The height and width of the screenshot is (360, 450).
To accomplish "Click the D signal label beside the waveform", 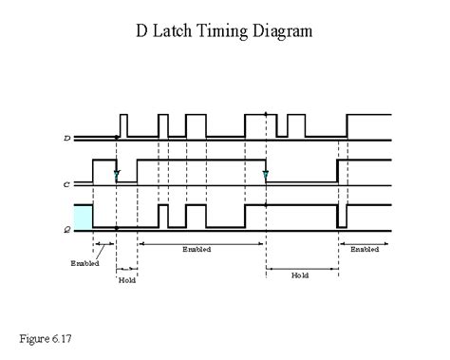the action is coord(66,140).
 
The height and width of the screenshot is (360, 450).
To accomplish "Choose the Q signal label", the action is coord(66,229).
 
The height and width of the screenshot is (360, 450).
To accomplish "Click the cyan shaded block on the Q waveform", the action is coord(83,217).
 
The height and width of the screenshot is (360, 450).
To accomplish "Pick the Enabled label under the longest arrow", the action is coord(196,250).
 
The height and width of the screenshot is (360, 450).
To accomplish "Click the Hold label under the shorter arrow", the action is coord(126,281).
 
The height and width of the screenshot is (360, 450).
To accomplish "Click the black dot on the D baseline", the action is coord(116,140).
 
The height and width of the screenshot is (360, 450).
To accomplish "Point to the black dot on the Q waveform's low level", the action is coord(116,229).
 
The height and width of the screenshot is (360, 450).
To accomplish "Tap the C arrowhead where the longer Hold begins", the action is coord(266,176).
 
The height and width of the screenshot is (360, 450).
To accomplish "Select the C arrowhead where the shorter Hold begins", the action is coord(116,176).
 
